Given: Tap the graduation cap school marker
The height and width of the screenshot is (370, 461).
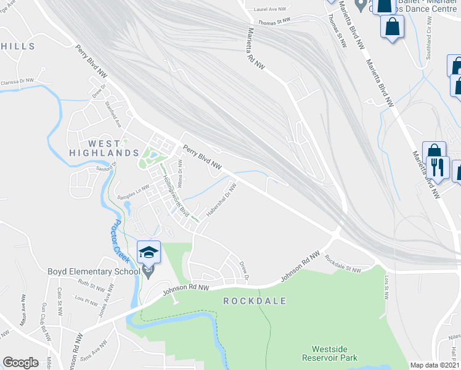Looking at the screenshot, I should click(149, 252).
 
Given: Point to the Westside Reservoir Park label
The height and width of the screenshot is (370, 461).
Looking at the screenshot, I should click(334, 353).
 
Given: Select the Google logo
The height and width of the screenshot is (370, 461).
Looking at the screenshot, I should click(20, 363).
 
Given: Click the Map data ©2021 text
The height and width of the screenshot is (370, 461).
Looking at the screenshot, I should click(435, 365).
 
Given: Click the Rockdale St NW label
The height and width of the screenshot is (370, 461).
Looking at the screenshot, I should click(343, 265).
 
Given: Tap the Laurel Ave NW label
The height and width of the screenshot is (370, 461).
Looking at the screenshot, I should click(270, 9).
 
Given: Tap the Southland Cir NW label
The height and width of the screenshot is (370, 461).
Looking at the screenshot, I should click(428, 38).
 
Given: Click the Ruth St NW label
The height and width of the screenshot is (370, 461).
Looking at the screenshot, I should click(91, 287).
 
